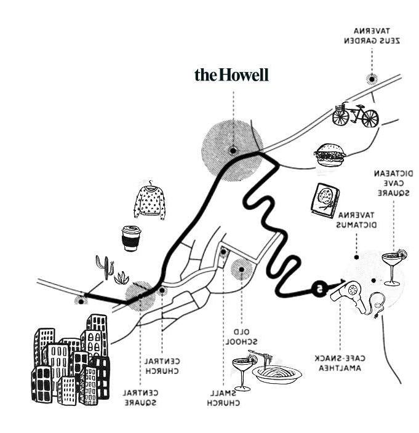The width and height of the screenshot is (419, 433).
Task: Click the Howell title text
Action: click(231, 75)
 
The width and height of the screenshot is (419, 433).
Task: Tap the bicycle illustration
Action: click(355, 114)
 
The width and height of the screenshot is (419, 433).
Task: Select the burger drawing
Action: click(330, 155)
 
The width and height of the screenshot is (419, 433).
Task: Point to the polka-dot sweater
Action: click(150, 201)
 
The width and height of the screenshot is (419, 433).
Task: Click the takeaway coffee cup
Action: click(130, 238)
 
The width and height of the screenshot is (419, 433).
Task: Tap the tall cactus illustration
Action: click(105, 267)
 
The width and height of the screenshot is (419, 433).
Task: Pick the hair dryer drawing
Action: click(346, 290)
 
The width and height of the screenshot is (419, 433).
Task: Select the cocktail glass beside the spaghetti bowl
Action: click(242, 371)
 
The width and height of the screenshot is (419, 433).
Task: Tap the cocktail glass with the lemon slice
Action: click(393, 266)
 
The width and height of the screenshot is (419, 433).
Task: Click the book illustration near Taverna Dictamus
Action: click(325, 199)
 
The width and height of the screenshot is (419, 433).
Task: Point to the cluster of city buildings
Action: click(71, 363)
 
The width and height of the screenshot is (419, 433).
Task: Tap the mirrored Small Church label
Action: click(222, 398)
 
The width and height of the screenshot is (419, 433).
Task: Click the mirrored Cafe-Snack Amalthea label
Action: click(341, 363)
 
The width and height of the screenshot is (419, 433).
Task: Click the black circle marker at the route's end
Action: click(318, 287)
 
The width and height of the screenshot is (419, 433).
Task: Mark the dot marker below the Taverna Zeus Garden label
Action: click(372, 78)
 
